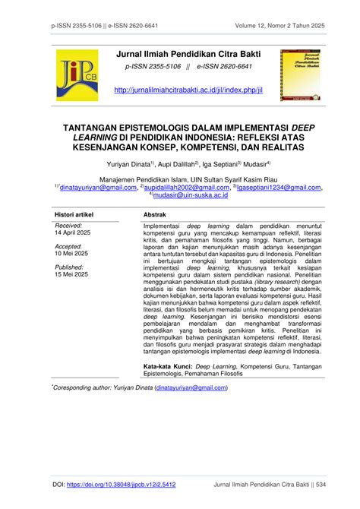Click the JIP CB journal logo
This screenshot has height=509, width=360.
coord(75,78)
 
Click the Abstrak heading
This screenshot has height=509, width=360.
coord(155,216)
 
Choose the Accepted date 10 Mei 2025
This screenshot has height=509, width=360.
coord(71,253)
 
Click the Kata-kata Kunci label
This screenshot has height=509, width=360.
coord(169,365)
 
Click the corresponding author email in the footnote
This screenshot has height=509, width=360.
coord(190,387)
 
